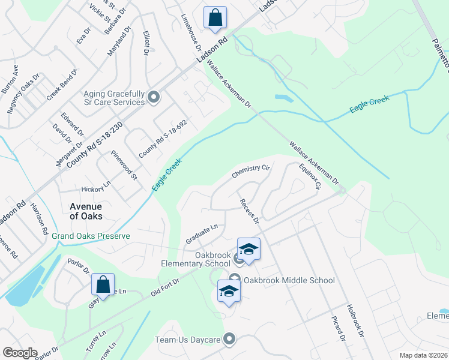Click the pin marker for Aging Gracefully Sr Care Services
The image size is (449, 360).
(x=154, y=97)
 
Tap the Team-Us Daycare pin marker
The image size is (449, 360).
(x=229, y=340)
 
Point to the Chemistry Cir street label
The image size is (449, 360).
(x=251, y=172)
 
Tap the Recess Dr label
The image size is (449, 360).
(x=249, y=211)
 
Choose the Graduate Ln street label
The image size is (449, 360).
(x=201, y=234)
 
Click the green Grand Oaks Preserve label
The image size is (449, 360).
(x=91, y=236)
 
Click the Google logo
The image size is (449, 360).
(x=20, y=353)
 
